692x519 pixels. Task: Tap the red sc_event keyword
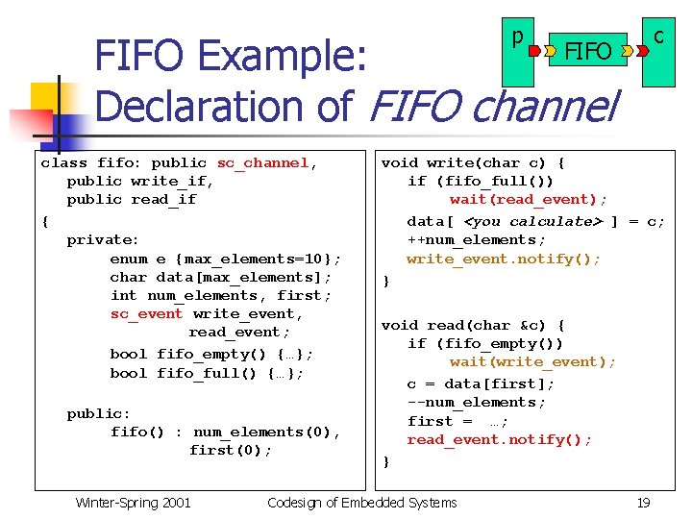pyautogui.click(x=146, y=314)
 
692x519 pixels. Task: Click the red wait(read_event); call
pyautogui.click(x=529, y=200)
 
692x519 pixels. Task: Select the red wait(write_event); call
pyautogui.click(x=532, y=362)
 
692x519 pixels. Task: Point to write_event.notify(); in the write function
pyautogui.click(x=504, y=259)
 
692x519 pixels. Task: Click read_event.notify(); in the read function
pyautogui.click(x=499, y=440)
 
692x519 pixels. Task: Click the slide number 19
pyautogui.click(x=643, y=502)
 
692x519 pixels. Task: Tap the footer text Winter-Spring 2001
pyautogui.click(x=133, y=502)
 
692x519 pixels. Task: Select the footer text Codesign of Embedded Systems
pyautogui.click(x=361, y=502)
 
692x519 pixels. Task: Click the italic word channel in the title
pyautogui.click(x=543, y=106)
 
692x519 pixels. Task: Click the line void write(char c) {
pyautogui.click(x=473, y=163)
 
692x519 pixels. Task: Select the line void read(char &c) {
pyautogui.click(x=473, y=326)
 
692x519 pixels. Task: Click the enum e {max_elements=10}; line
pyautogui.click(x=226, y=259)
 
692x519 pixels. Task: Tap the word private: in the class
pyautogui.click(x=103, y=240)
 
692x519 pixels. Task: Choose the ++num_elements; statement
pyautogui.click(x=476, y=240)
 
